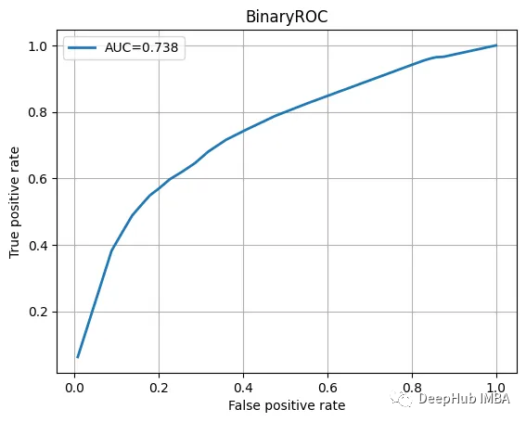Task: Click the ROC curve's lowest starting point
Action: (78, 356)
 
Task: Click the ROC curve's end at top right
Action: (496, 45)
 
